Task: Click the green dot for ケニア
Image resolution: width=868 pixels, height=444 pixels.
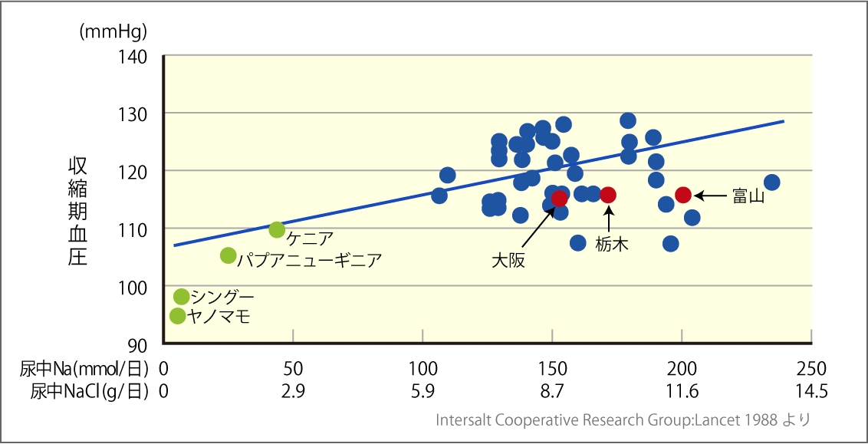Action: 277,229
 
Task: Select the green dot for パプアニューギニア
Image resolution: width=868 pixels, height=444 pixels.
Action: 228,255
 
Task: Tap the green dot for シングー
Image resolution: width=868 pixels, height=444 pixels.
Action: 182,297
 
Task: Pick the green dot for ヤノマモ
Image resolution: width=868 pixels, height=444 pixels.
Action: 177,316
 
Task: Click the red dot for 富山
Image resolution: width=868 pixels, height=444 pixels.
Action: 683,195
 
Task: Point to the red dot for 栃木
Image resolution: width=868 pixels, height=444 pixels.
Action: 608,195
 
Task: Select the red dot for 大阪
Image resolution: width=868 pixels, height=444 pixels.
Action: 560,199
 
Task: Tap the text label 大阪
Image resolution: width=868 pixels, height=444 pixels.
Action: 508,260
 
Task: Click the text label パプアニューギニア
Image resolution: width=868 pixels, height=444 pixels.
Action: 309,259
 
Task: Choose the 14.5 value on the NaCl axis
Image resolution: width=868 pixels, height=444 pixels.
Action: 811,391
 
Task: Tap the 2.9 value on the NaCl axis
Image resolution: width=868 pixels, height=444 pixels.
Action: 293,391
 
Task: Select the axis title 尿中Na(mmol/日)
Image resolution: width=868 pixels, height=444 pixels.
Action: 84,367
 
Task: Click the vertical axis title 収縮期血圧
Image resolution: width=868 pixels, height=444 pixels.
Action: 77,211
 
